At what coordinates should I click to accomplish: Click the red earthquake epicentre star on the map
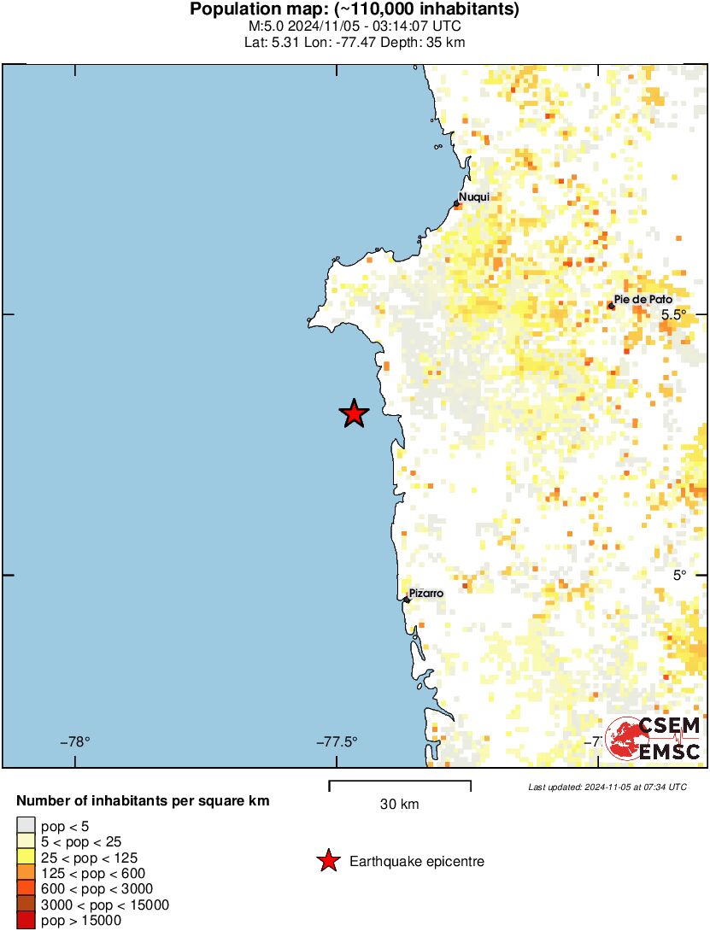tap(354, 413)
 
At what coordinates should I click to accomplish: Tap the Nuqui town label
tap(474, 197)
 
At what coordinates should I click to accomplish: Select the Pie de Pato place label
tap(643, 299)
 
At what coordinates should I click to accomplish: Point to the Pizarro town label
tap(426, 593)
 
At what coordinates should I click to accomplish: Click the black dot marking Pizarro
tap(407, 600)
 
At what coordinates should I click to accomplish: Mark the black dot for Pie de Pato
tap(611, 305)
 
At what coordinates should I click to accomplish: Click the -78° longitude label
tap(75, 741)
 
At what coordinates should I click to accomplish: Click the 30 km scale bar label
tap(399, 804)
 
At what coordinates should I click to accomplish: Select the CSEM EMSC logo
tap(654, 740)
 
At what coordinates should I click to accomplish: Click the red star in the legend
tap(327, 862)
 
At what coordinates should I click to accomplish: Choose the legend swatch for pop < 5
tap(26, 826)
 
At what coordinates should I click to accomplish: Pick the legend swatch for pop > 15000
tap(26, 921)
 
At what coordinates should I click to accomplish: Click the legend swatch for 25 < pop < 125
tap(26, 858)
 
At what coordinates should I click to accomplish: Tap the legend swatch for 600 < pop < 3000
tap(26, 889)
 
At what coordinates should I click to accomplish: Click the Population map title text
tap(355, 10)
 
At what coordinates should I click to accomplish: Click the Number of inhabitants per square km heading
tap(144, 801)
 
